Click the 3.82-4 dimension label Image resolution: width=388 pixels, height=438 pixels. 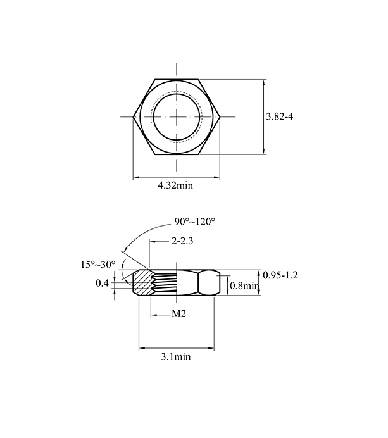click(x=280, y=116)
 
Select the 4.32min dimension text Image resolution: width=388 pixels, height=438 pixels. click(x=175, y=185)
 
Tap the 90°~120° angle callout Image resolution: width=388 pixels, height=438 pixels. click(x=195, y=222)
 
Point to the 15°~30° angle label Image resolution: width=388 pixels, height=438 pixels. click(x=98, y=265)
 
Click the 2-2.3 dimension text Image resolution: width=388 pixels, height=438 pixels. click(x=182, y=241)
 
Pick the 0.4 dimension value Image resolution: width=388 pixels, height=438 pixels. click(x=102, y=283)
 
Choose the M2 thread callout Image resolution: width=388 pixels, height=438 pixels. click(x=178, y=314)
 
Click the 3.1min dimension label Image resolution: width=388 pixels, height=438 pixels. click(x=176, y=357)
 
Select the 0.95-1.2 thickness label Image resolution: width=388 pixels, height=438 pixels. click(x=280, y=275)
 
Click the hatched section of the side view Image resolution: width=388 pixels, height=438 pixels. click(x=142, y=282)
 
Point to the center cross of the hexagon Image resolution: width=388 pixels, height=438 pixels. click(x=177, y=116)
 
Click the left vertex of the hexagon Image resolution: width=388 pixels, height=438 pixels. click(x=133, y=116)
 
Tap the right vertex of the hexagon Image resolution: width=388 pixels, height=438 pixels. click(x=220, y=116)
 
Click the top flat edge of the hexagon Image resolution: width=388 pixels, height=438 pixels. click(x=177, y=79)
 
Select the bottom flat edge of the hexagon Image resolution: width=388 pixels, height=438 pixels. click(x=177, y=154)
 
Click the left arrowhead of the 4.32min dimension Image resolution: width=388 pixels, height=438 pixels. click(x=135, y=177)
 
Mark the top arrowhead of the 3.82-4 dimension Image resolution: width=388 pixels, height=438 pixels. click(x=264, y=83)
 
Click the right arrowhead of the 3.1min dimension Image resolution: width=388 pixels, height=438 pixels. click(x=211, y=348)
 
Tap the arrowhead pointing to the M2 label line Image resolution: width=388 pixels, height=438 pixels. click(x=154, y=315)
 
